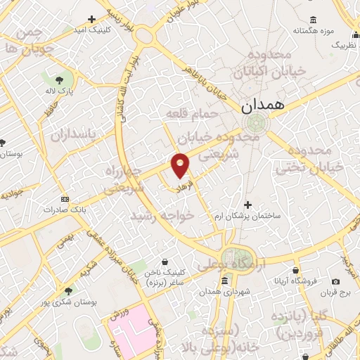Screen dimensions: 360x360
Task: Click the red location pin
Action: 181,165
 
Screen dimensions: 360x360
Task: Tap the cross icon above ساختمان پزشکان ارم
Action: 246,204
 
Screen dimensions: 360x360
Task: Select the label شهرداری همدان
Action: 224,292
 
